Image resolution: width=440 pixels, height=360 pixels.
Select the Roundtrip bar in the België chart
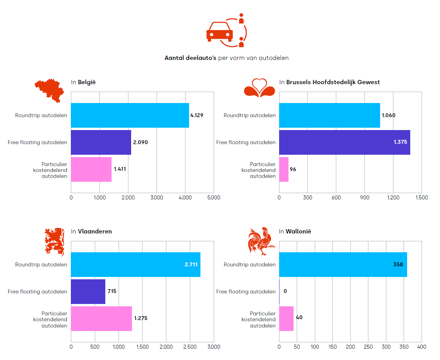(x=130, y=115)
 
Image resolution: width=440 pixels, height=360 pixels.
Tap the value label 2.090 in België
(x=141, y=142)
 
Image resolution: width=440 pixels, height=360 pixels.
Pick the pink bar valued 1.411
(x=91, y=169)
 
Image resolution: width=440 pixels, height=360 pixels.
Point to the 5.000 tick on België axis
(x=214, y=197)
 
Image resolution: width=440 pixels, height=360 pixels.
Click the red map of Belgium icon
(x=49, y=90)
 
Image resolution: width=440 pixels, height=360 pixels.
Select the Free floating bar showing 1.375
(x=344, y=142)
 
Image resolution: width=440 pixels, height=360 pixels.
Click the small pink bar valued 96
(x=284, y=169)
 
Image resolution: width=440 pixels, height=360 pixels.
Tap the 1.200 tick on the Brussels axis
(x=393, y=197)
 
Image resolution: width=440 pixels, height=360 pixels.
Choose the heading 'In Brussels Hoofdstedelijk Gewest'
(x=329, y=82)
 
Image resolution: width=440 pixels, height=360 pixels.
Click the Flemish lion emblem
(x=54, y=241)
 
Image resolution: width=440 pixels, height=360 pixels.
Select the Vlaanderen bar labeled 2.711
(x=135, y=264)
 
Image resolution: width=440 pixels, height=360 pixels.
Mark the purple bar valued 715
(x=88, y=291)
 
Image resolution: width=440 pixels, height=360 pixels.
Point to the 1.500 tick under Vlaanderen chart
(x=142, y=347)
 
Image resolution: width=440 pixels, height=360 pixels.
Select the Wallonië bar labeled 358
(x=343, y=264)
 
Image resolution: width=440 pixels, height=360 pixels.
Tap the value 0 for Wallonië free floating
(x=285, y=291)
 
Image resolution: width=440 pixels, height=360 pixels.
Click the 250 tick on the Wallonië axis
(x=368, y=347)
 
